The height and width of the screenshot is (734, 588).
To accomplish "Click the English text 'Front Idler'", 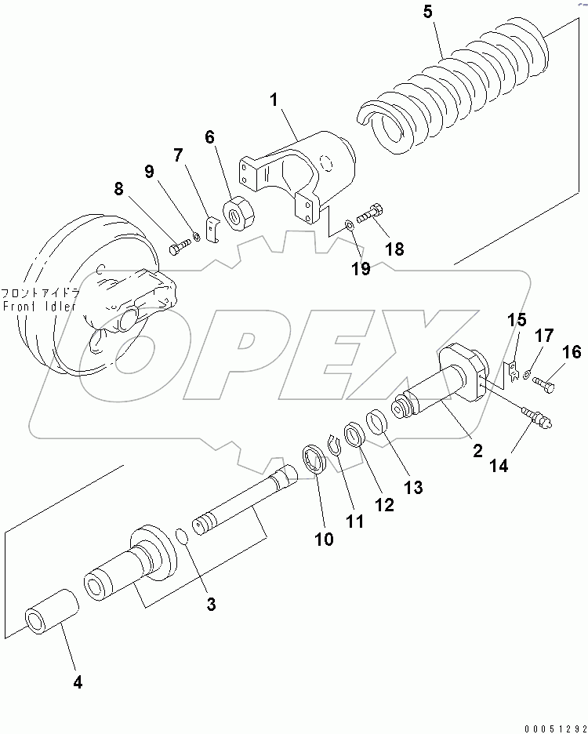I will point(39,307).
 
